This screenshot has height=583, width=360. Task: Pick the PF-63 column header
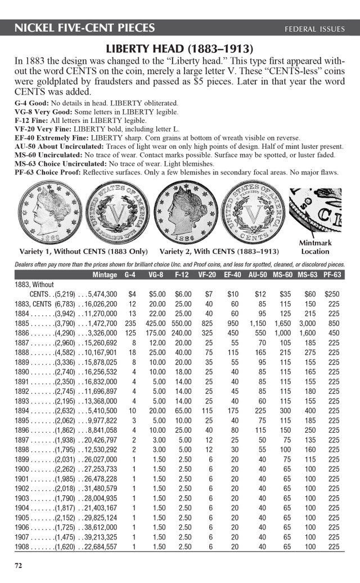[332, 275]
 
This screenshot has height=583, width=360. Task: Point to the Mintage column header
[105, 275]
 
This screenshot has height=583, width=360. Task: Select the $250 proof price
[332, 294]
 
